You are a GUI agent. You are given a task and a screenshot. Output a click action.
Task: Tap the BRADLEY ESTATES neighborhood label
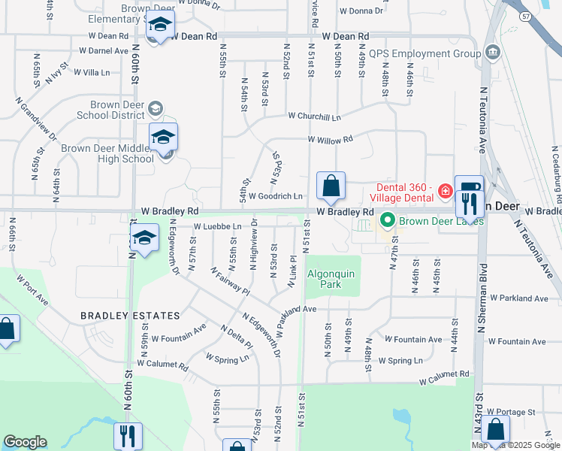[132, 316]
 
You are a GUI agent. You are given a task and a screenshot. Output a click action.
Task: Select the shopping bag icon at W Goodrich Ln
[331, 186]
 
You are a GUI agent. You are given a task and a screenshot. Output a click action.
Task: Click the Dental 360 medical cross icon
[445, 192]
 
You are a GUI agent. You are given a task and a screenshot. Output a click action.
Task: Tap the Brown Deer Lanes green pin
[388, 221]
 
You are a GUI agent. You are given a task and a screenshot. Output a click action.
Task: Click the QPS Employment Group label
[425, 54]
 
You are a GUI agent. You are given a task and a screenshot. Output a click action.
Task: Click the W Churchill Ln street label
[314, 117]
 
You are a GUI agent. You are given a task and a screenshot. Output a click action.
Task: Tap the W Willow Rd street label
[329, 140]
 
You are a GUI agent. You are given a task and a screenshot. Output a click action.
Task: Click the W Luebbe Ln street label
[217, 226]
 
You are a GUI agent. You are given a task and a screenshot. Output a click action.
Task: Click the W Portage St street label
[510, 412]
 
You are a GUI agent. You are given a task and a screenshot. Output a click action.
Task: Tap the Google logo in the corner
[25, 441]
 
